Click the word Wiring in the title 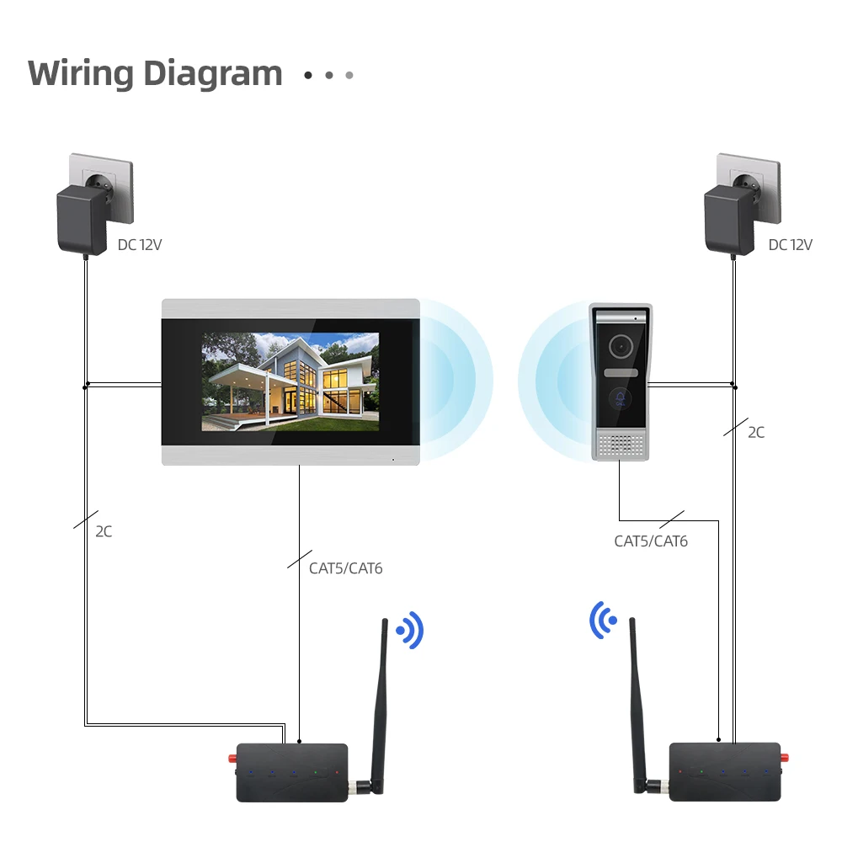click(x=81, y=73)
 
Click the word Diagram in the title click(x=212, y=75)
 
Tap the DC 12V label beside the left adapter click(x=140, y=245)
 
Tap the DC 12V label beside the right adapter click(x=790, y=245)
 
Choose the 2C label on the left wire click(x=104, y=531)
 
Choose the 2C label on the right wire click(x=756, y=432)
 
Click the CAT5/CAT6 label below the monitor click(x=345, y=568)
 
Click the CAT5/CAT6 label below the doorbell click(x=651, y=541)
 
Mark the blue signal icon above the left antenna click(x=410, y=630)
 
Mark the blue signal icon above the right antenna click(x=602, y=620)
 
